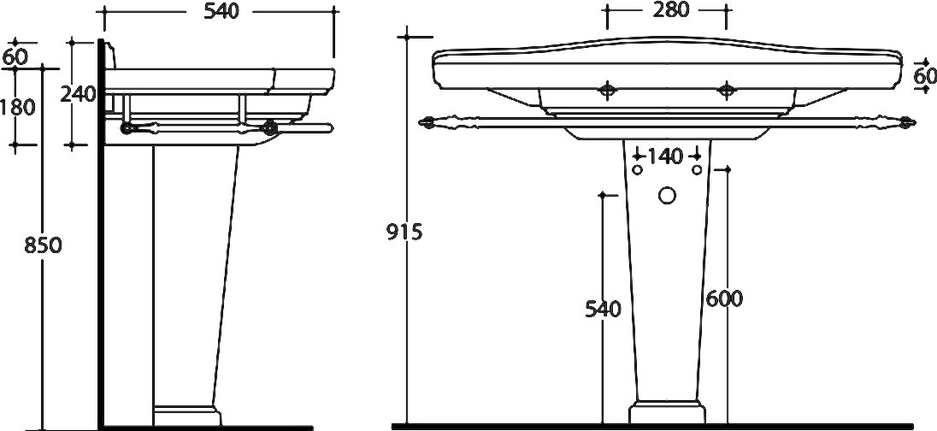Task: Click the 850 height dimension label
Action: pyautogui.click(x=43, y=245)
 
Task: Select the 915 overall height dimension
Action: pyautogui.click(x=404, y=232)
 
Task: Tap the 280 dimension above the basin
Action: pyautogui.click(x=670, y=9)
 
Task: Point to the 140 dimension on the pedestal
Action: pyautogui.click(x=665, y=156)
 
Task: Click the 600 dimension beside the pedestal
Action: pyautogui.click(x=723, y=298)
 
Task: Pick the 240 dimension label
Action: pyautogui.click(x=79, y=94)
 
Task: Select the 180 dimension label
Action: pyautogui.click(x=17, y=107)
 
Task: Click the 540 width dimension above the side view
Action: pyautogui.click(x=221, y=11)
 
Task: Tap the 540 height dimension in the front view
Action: pyautogui.click(x=603, y=309)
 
